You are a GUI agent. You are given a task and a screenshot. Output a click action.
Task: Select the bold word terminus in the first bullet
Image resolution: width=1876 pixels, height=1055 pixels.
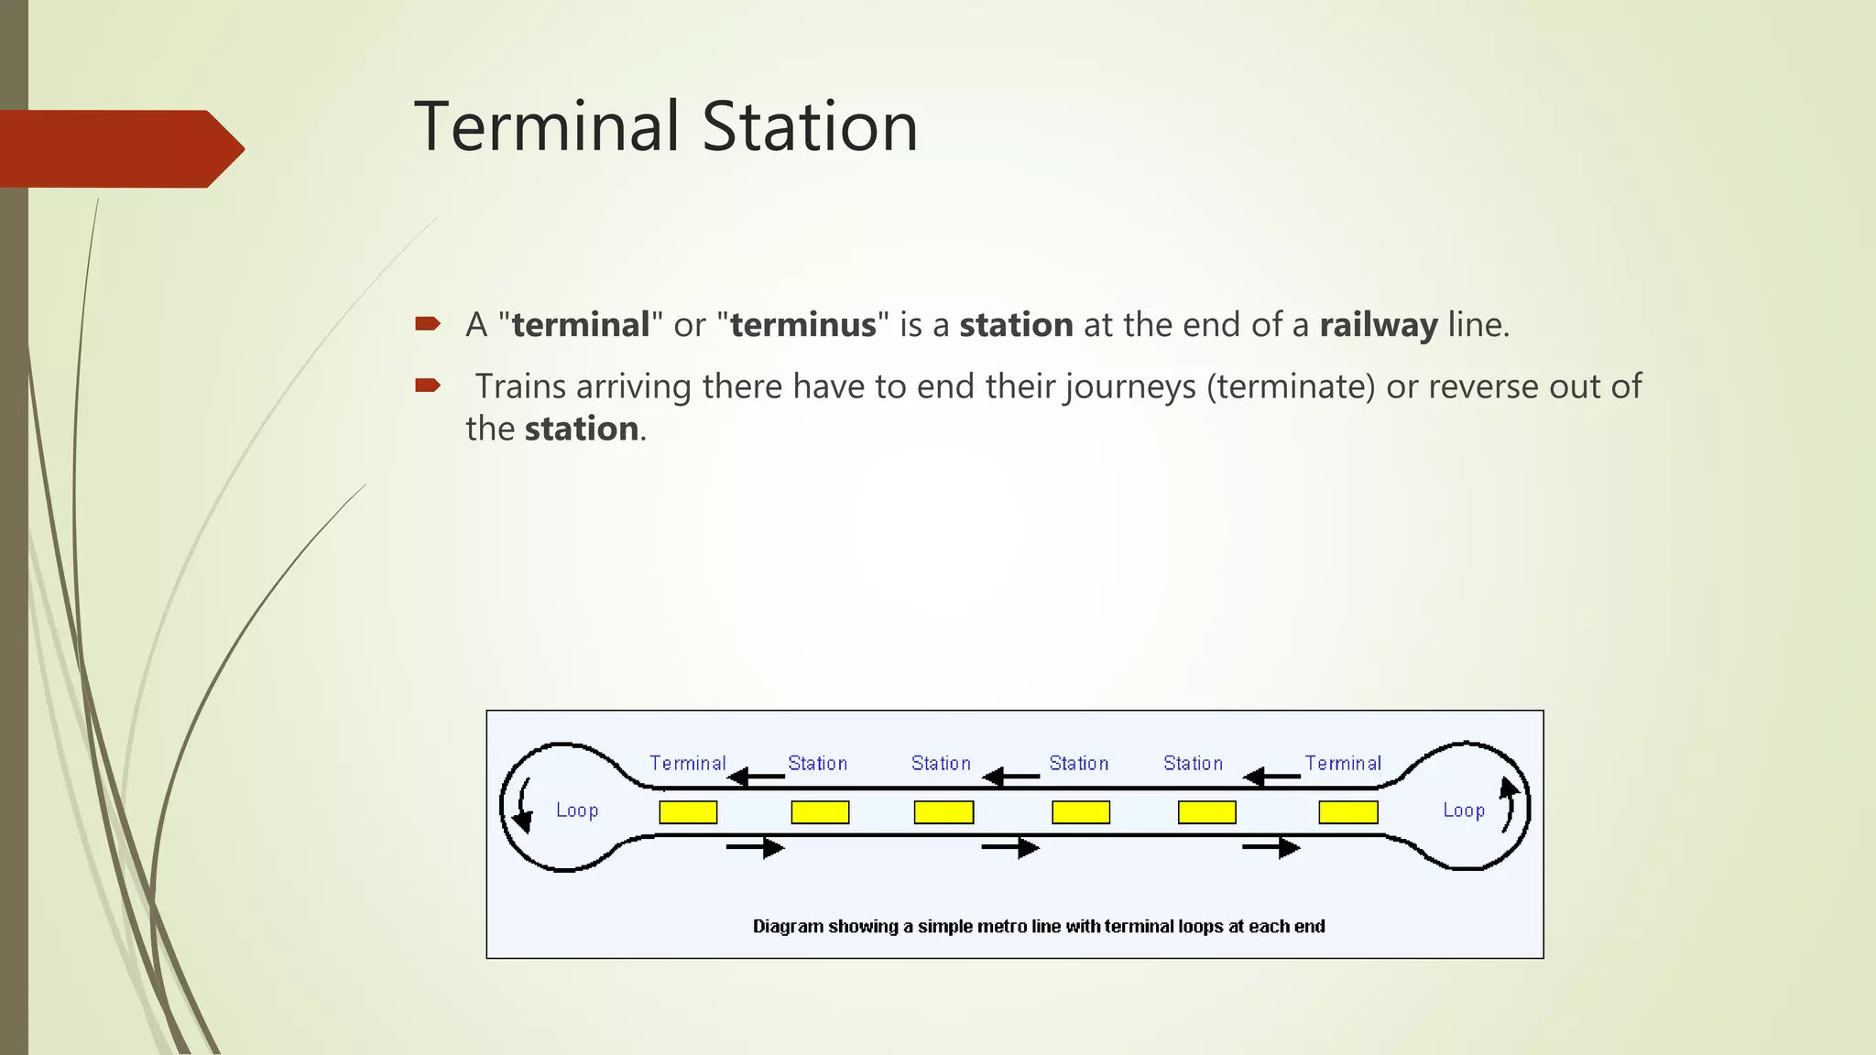tap(802, 325)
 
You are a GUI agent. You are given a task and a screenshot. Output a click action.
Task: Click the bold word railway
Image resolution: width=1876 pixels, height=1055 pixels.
tap(1378, 325)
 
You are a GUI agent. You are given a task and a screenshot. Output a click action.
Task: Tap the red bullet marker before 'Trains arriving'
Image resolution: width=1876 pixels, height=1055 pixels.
tap(428, 385)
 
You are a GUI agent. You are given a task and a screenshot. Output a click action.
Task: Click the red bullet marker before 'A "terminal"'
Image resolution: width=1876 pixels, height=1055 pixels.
tap(428, 323)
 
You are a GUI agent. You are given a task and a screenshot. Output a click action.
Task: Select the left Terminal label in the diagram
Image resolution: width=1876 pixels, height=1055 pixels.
tap(687, 763)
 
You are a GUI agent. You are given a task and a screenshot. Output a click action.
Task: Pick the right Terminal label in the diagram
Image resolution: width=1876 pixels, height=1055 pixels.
tap(1343, 763)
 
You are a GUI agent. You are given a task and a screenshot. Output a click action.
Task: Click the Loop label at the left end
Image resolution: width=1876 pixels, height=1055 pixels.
tap(577, 810)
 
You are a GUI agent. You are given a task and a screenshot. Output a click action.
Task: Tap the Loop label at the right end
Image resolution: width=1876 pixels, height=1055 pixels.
tap(1463, 810)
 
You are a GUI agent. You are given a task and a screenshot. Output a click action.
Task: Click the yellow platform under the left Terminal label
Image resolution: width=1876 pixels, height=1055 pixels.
tap(688, 812)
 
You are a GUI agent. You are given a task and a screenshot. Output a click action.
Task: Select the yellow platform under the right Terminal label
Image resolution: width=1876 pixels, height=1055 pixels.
tap(1347, 812)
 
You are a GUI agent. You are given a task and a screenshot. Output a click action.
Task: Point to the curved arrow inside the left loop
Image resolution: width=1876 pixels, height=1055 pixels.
tap(523, 806)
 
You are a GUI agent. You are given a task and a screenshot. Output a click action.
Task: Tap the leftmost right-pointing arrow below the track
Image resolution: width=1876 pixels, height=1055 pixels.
tap(756, 848)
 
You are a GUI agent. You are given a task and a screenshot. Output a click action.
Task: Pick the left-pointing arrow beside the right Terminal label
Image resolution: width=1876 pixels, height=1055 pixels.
tap(1271, 778)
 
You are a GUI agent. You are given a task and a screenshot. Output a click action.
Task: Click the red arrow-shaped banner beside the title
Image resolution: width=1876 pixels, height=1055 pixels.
tap(119, 148)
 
